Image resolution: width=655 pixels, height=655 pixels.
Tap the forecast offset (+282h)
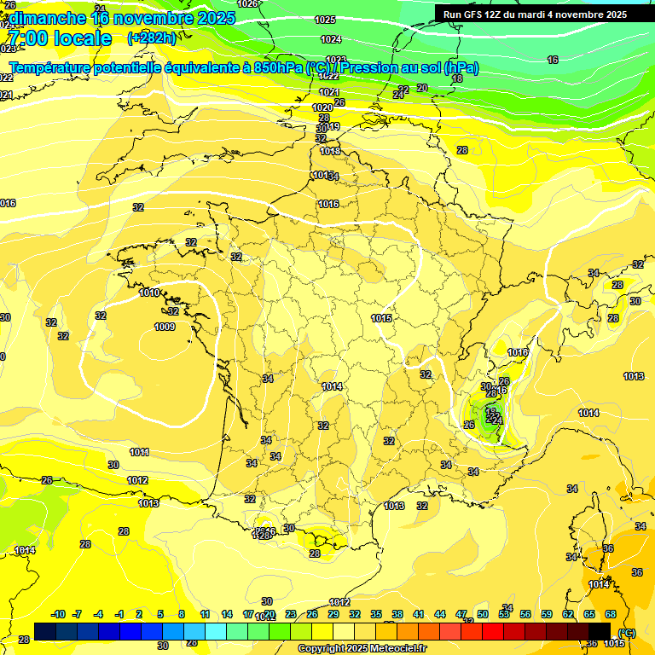pos(152,38)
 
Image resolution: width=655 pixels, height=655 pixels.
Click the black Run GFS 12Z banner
pos(535,14)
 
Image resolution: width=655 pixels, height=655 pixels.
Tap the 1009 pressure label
pos(165,327)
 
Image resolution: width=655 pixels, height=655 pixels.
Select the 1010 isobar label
pos(149,293)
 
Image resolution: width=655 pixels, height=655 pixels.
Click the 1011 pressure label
pos(139,452)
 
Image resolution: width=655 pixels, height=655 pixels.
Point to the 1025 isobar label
pos(325,20)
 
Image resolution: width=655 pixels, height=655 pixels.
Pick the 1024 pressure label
pos(331,39)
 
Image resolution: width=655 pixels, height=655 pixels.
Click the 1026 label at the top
pos(247,4)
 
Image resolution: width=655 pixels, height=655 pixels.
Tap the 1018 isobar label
pos(330,152)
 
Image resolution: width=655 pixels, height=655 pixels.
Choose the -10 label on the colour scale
pos(59,614)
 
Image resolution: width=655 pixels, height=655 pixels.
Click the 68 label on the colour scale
pos(611,614)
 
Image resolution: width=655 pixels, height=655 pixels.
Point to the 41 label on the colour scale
pos(419,614)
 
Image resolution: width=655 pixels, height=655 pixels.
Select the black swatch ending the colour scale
pos(600,630)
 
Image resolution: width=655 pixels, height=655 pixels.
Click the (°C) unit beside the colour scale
pos(627,632)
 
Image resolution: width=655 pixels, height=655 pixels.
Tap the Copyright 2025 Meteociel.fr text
pos(362,648)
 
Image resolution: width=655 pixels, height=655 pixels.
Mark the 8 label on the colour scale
pos(182,614)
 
